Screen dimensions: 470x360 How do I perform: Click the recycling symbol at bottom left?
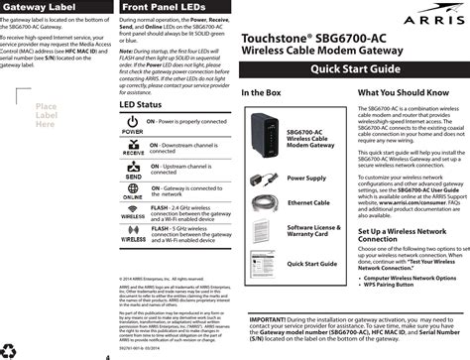[x=12, y=349]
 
